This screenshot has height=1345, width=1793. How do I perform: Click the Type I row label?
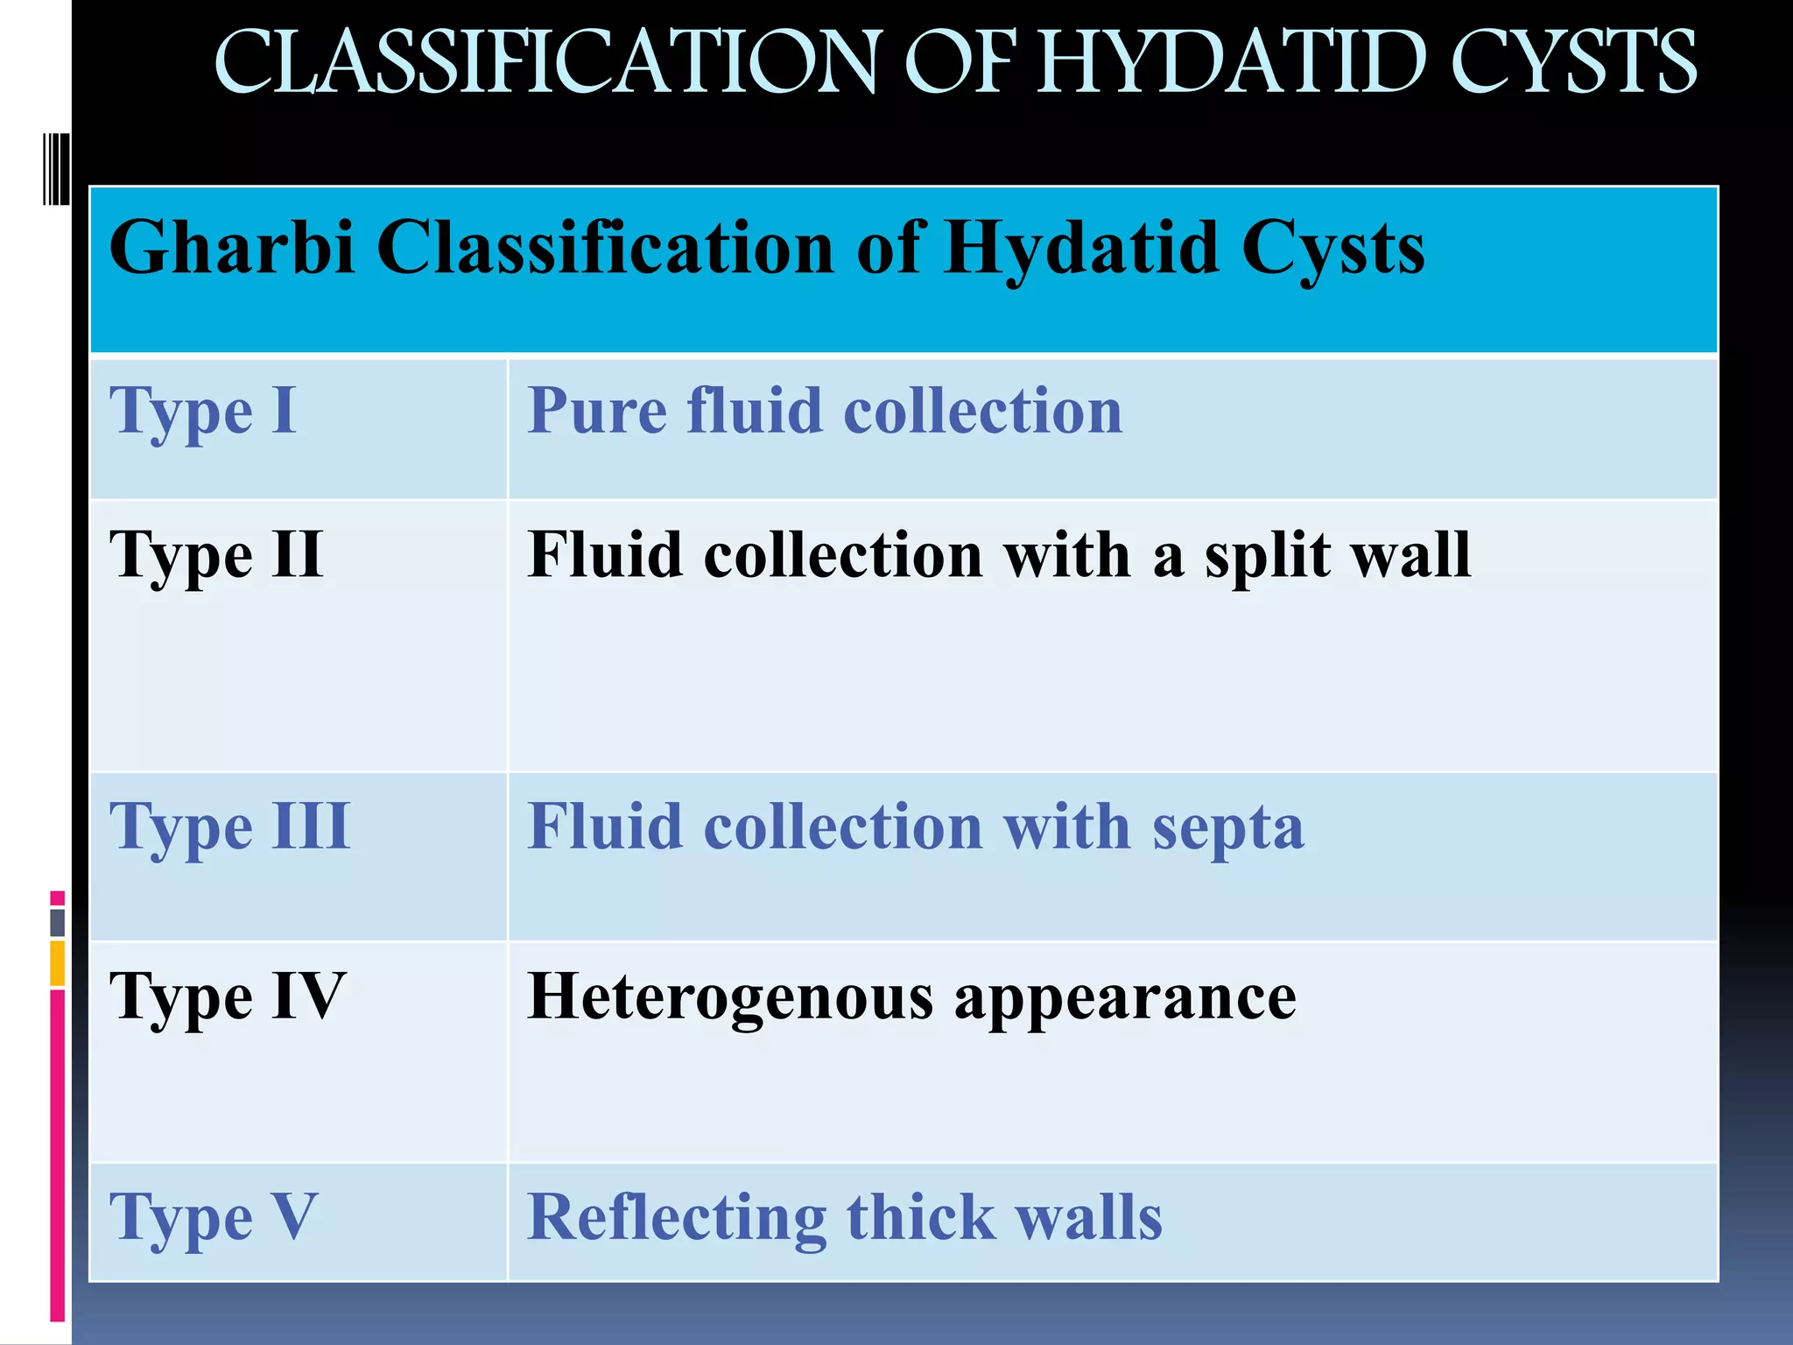tap(202, 411)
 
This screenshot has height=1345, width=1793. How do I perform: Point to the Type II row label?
tap(216, 555)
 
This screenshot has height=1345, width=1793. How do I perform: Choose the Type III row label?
tap(229, 827)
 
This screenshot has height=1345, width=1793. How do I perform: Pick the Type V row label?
tap(213, 1218)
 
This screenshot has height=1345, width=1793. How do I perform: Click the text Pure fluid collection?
tap(824, 411)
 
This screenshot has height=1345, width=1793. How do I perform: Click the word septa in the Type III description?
tap(1227, 828)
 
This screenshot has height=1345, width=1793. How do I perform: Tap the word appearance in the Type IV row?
tap(1125, 998)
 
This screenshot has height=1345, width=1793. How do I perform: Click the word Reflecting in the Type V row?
tap(677, 1218)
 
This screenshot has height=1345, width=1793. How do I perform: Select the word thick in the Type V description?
tap(921, 1217)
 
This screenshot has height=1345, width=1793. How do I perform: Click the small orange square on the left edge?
tap(58, 963)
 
